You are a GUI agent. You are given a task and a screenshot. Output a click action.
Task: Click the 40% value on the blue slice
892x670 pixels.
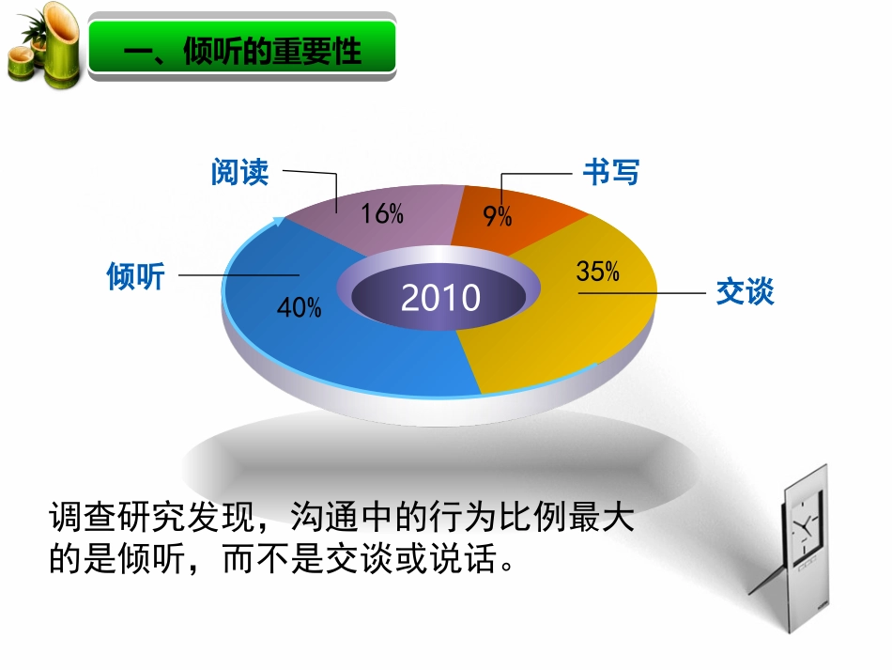[x=300, y=307]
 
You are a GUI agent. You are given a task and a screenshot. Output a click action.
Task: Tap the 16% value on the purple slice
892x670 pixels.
[x=382, y=214]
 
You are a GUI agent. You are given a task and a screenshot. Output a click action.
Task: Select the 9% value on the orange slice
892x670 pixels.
[x=498, y=217]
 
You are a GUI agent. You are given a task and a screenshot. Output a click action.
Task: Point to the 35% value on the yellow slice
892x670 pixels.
[x=598, y=273]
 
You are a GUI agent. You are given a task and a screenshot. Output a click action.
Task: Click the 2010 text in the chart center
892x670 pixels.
[x=440, y=298]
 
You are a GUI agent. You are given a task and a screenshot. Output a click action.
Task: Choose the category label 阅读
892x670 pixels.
[x=240, y=173]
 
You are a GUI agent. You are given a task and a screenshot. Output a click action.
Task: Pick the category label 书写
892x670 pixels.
[x=610, y=173]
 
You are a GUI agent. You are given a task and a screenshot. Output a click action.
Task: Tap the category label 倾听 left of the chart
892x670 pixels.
[x=136, y=277]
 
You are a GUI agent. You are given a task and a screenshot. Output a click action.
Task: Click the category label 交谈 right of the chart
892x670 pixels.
[x=745, y=292]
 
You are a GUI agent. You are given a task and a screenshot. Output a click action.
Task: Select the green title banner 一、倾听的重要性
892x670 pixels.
[x=242, y=51]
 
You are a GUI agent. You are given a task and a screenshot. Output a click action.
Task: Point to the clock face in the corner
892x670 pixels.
[x=804, y=527]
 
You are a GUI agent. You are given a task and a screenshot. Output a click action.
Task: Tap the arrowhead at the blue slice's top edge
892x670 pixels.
[x=279, y=222]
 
